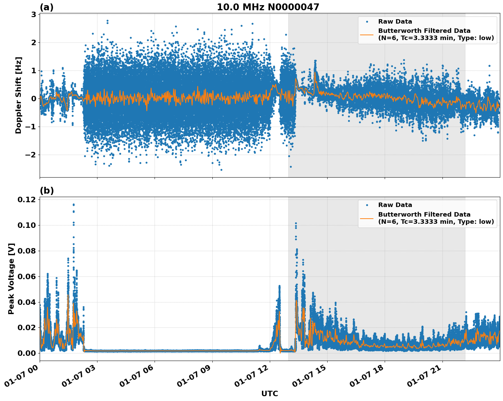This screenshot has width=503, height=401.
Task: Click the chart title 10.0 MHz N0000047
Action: (x=268, y=7)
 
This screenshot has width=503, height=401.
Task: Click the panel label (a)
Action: (x=47, y=7)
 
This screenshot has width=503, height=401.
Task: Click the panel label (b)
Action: (x=47, y=191)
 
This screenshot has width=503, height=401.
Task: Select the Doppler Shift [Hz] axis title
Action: (x=18, y=95)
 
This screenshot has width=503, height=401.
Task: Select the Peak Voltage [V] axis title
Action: (x=11, y=279)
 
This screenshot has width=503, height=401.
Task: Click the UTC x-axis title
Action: (x=269, y=393)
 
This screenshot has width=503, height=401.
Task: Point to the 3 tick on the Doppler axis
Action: (x=34, y=14)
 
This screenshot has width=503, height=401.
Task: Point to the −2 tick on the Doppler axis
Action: (x=31, y=155)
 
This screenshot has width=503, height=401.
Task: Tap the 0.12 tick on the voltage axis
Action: (x=27, y=200)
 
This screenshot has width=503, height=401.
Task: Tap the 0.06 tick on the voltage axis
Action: (x=27, y=276)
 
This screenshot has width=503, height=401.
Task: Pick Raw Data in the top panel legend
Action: (x=395, y=22)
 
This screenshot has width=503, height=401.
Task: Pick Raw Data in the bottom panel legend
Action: (x=395, y=205)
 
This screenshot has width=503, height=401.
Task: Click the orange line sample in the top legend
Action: (x=367, y=35)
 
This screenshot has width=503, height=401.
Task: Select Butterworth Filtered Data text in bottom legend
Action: (x=424, y=215)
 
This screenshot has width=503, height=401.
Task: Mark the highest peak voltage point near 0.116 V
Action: (x=74, y=205)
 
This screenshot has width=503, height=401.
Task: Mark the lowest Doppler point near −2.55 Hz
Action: (x=221, y=170)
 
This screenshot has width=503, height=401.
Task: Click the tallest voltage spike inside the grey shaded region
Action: (x=296, y=223)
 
